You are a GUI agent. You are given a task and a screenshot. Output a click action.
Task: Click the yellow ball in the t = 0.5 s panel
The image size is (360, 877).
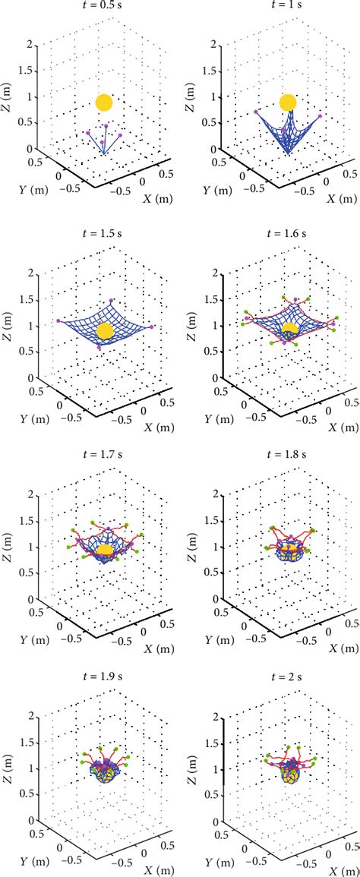coord(105,103)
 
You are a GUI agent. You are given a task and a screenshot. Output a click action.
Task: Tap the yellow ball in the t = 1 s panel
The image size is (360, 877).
coord(288,103)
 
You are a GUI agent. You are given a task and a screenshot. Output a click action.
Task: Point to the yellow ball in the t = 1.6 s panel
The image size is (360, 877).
coord(289,329)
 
